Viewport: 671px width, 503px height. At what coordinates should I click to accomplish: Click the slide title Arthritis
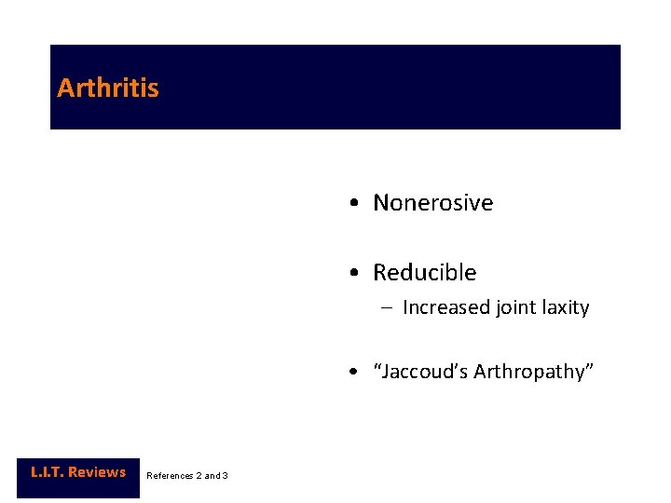click(108, 88)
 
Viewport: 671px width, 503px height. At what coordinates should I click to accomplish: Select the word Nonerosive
click(432, 203)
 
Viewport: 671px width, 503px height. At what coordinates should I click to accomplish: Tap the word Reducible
click(424, 273)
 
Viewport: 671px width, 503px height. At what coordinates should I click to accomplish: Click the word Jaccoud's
click(420, 373)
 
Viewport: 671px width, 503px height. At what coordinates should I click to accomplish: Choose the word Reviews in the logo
click(96, 472)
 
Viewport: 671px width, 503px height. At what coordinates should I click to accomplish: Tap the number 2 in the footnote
click(199, 476)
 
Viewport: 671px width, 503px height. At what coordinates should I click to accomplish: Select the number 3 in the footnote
click(226, 476)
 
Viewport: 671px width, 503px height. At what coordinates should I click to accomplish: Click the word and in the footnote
click(212, 476)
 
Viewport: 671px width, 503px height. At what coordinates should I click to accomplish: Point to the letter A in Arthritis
click(65, 88)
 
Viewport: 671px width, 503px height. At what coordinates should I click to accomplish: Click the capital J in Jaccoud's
click(385, 373)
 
